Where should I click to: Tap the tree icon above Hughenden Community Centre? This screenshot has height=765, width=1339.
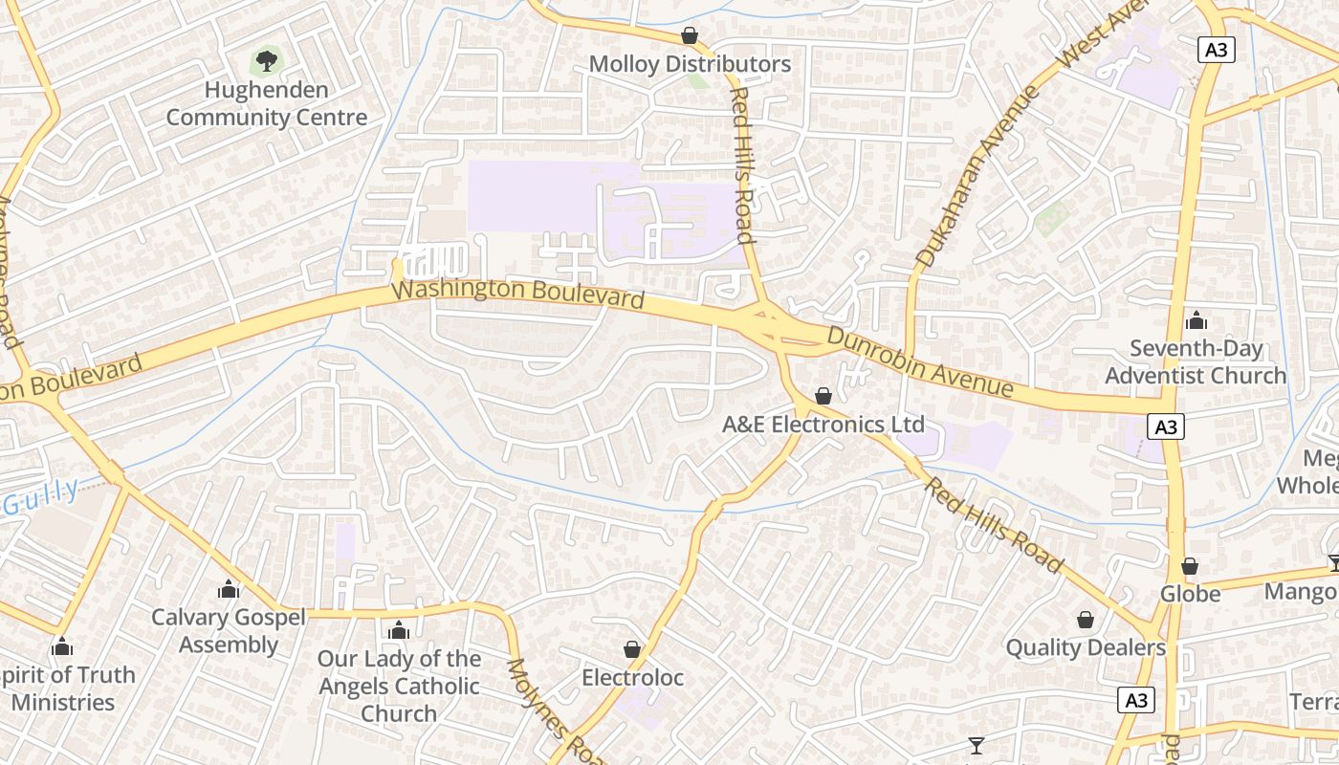(x=267, y=62)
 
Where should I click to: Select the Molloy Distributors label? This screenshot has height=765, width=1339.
(x=690, y=64)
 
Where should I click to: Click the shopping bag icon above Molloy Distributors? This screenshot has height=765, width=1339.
(x=689, y=35)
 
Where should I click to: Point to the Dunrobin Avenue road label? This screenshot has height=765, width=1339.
(x=919, y=362)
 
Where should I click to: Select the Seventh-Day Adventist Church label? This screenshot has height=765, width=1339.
(x=1196, y=361)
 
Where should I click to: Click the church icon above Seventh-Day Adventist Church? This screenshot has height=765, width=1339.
(x=1196, y=320)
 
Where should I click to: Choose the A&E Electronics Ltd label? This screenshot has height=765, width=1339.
(x=823, y=424)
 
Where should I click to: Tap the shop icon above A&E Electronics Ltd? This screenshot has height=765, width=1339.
(x=823, y=395)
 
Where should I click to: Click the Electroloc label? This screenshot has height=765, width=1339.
(x=633, y=678)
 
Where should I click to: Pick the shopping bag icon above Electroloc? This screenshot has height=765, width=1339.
(x=631, y=649)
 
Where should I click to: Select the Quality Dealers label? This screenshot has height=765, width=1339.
(x=1086, y=647)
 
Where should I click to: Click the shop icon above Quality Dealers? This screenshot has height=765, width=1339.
(x=1086, y=620)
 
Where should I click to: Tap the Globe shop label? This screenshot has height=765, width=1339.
(x=1190, y=594)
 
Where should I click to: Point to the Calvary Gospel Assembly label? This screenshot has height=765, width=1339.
(x=229, y=630)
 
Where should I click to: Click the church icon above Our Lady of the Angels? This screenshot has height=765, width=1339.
(x=399, y=630)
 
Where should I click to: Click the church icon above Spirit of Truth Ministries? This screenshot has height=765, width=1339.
(x=62, y=647)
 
